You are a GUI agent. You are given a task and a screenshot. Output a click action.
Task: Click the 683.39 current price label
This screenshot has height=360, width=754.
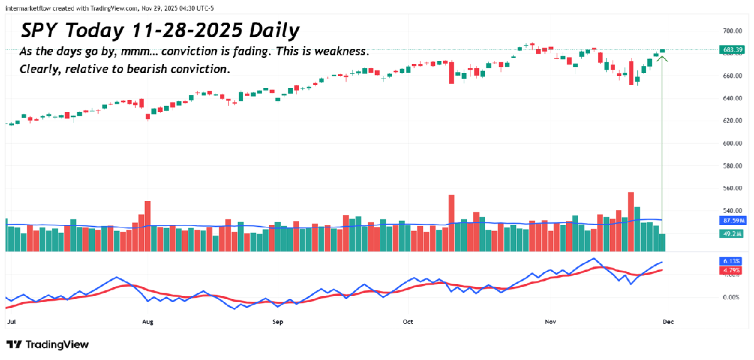(x=730, y=49)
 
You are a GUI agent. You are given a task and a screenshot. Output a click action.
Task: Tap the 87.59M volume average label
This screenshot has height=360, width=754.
(x=730, y=221)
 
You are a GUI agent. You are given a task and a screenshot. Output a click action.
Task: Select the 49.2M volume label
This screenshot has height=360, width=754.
(x=730, y=234)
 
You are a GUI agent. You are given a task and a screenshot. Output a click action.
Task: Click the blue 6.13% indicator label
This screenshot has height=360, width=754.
(x=730, y=261)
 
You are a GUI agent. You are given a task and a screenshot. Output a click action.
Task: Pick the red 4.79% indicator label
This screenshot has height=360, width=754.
(x=730, y=271)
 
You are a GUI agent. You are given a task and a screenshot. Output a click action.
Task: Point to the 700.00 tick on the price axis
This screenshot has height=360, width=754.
(x=729, y=31)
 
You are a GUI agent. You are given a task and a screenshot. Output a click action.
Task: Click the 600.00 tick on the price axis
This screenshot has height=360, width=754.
(x=729, y=143)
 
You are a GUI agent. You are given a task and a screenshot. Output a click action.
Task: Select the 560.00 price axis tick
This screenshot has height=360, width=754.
(x=729, y=188)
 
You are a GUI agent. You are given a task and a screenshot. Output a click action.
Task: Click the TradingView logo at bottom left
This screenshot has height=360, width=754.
(x=48, y=344)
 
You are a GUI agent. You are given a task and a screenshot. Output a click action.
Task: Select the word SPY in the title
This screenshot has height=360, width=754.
(x=43, y=31)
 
